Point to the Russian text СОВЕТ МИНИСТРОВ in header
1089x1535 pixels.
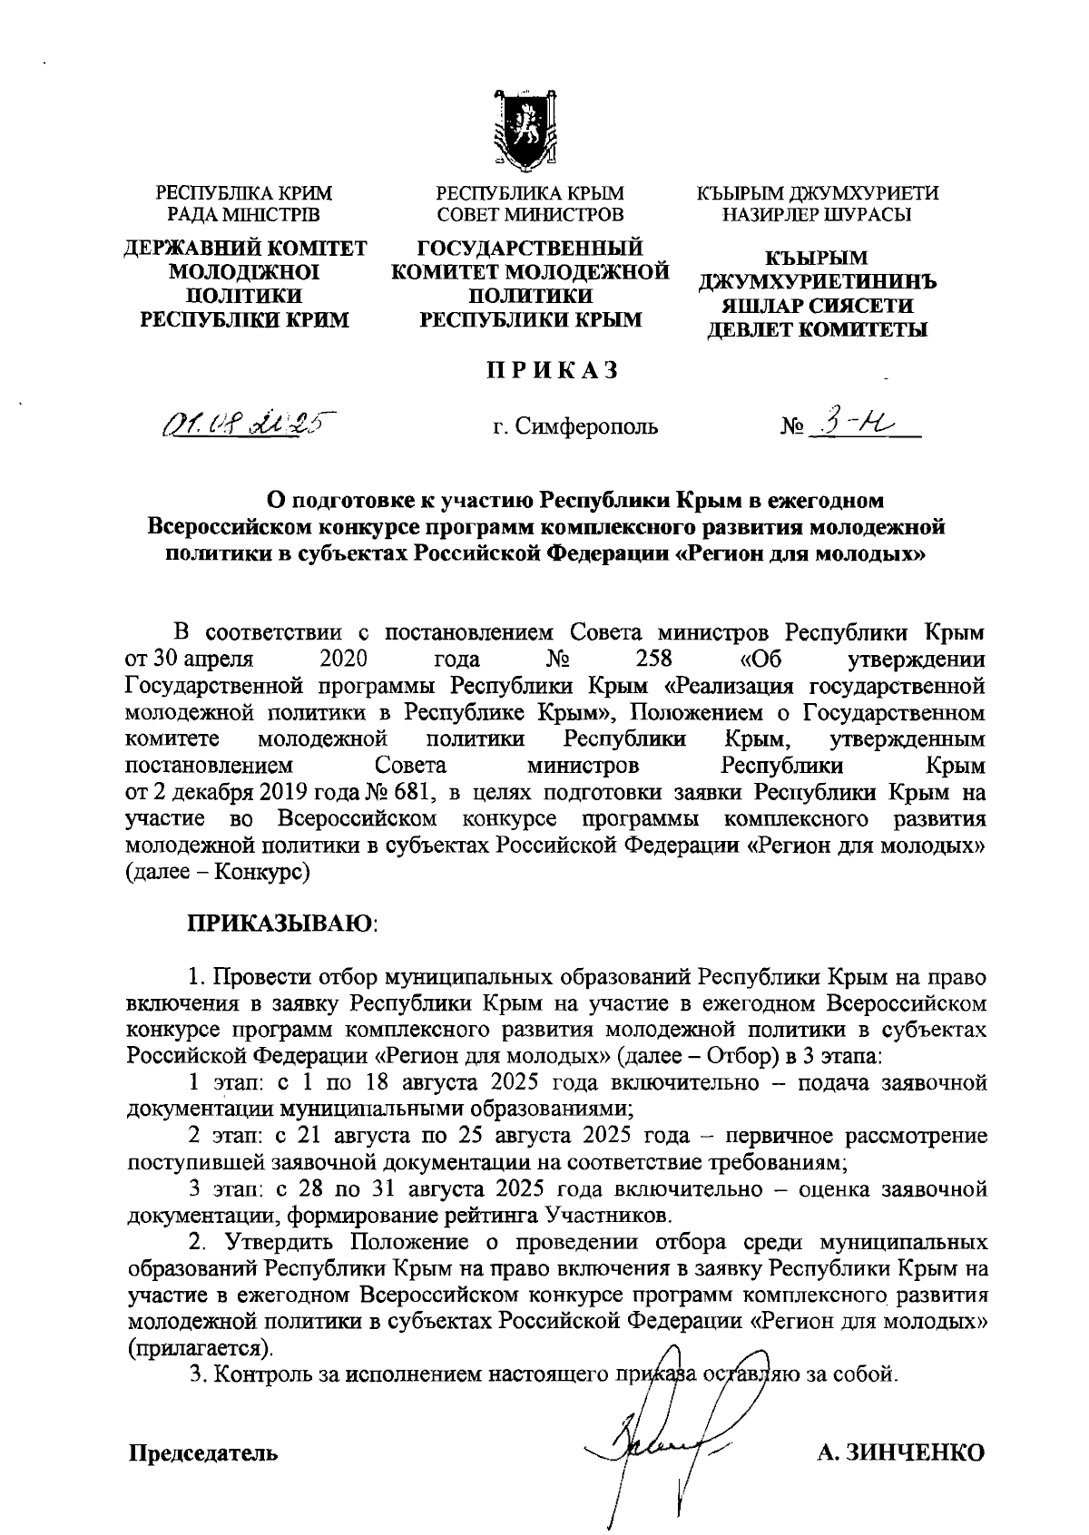pos(530,214)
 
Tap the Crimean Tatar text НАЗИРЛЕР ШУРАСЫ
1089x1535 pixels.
pos(817,214)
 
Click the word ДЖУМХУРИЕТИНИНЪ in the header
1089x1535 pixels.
pos(817,282)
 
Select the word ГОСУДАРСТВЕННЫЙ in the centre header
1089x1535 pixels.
pos(530,249)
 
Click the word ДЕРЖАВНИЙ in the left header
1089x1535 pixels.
pos(185,249)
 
